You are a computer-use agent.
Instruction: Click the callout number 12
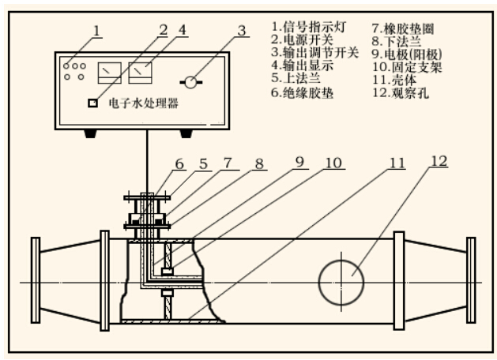439,163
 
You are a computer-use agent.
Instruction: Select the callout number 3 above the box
241,32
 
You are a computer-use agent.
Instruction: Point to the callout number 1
96,31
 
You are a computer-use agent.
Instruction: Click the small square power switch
92,103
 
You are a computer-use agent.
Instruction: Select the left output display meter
107,73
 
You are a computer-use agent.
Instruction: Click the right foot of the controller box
187,133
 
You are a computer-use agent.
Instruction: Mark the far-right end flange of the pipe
472,282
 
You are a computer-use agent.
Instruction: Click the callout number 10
334,164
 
